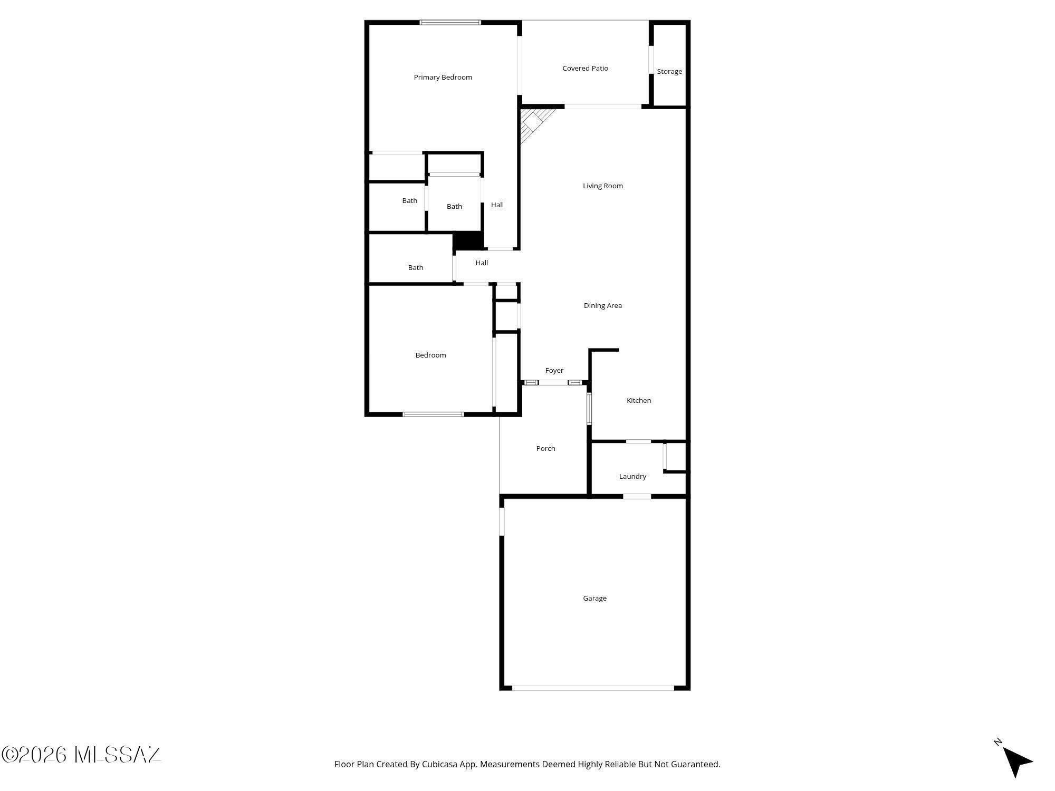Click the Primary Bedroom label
443,78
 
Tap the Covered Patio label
585,69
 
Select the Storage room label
669,72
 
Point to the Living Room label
602,186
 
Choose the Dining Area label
602,306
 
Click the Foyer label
554,371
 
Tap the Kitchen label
638,401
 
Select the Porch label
545,449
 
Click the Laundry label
632,477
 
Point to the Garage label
594,599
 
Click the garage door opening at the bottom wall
593,688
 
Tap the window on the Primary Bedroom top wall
450,23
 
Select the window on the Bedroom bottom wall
433,414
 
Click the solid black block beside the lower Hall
468,240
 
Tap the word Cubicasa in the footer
440,764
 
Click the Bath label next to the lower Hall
415,268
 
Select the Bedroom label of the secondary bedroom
430,355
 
